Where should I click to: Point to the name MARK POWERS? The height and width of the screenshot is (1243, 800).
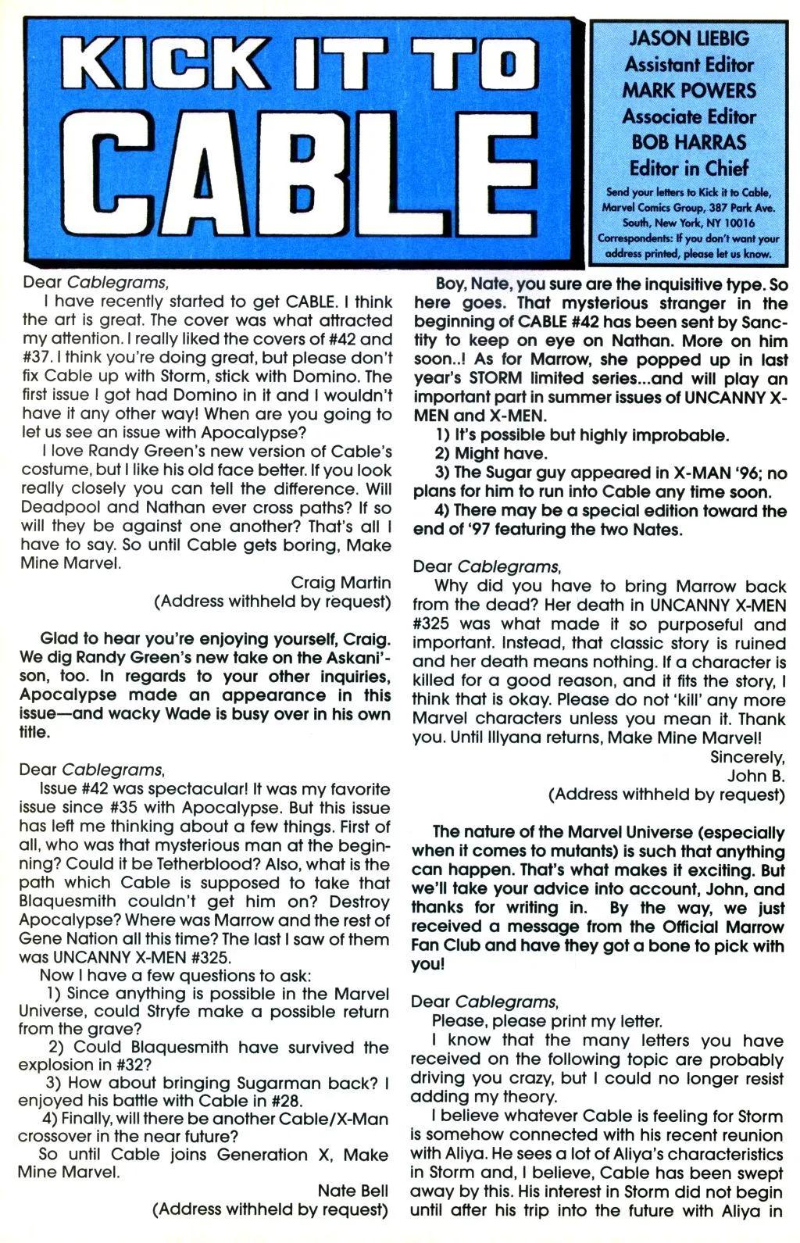[689, 91]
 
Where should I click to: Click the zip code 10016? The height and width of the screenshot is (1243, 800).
[737, 223]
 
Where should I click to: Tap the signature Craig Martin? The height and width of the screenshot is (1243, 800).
[341, 583]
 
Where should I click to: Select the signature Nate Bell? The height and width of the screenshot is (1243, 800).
[352, 1191]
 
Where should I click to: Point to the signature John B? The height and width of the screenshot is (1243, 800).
[755, 776]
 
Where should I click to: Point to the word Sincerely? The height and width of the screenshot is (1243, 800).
[746, 757]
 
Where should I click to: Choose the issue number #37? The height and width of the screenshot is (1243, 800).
[42, 358]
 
